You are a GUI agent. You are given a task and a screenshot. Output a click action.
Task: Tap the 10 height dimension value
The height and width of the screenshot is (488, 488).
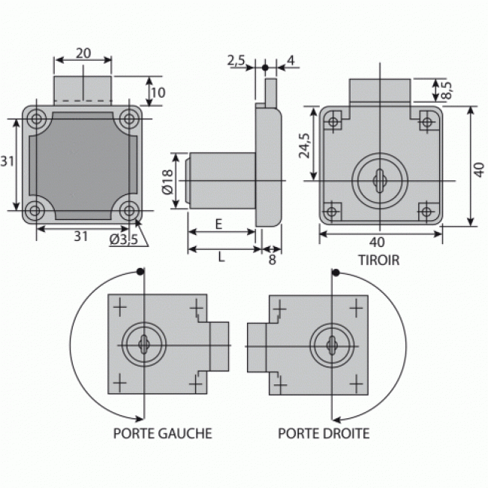[x=158, y=93]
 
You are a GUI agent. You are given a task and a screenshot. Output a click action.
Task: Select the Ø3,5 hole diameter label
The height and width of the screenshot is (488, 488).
[x=123, y=239]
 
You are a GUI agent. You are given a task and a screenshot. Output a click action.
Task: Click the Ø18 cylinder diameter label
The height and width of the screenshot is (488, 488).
[x=168, y=182]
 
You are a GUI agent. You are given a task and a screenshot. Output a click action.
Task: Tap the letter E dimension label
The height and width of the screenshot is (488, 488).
[x=218, y=224]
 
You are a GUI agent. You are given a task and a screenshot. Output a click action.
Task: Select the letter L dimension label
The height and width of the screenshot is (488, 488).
[x=221, y=257]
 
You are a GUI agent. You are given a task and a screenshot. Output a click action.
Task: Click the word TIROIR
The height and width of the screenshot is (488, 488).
[x=379, y=261]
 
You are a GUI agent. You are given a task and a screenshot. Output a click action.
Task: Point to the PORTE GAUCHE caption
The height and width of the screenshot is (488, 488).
[x=162, y=433]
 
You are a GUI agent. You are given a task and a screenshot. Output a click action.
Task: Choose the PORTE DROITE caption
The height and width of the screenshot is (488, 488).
[x=324, y=433]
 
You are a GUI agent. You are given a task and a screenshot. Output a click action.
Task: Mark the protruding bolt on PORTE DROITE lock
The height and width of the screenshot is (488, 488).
[x=257, y=347]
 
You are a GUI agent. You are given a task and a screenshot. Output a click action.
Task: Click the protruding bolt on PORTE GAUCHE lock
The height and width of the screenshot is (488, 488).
[x=218, y=346]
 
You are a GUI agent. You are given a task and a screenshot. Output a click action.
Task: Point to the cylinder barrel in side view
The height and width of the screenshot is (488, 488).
[x=221, y=182]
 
